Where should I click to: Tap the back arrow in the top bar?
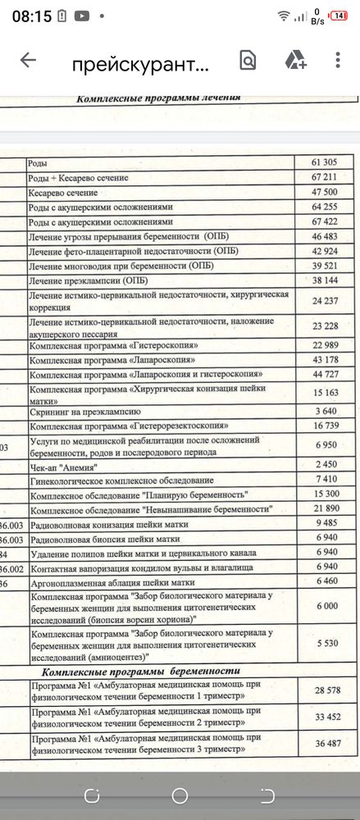pyautogui.click(x=28, y=60)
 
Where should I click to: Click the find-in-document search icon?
pyautogui.click(x=248, y=60)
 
